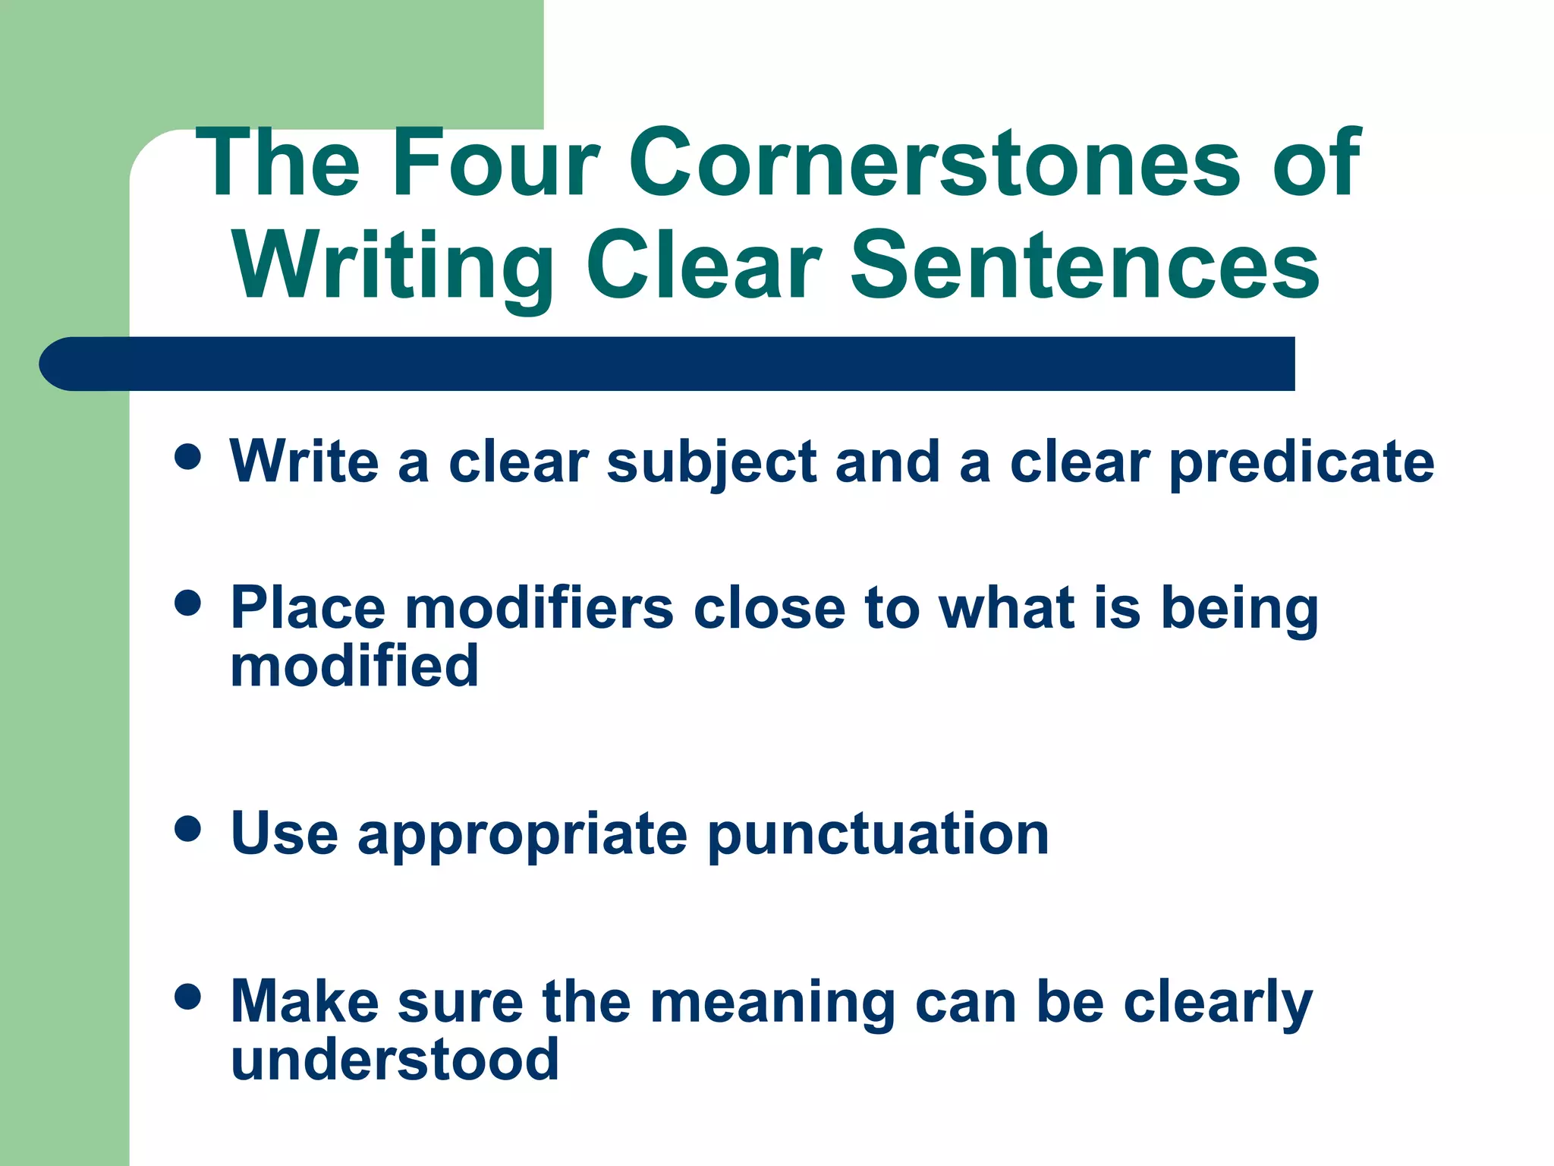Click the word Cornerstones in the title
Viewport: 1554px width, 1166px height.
point(934,163)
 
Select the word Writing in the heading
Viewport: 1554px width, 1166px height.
point(394,267)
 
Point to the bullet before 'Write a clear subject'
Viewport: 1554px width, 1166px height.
point(187,457)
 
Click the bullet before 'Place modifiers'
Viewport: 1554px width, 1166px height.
point(187,603)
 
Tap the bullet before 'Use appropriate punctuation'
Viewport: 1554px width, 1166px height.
point(187,829)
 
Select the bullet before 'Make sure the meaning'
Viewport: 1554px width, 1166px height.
point(187,996)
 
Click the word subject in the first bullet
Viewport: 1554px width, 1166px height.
point(712,463)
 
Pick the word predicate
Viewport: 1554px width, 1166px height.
point(1302,463)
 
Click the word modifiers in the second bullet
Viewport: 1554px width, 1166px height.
point(539,609)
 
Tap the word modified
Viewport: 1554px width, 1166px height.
point(354,667)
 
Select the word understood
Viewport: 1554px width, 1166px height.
point(395,1060)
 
